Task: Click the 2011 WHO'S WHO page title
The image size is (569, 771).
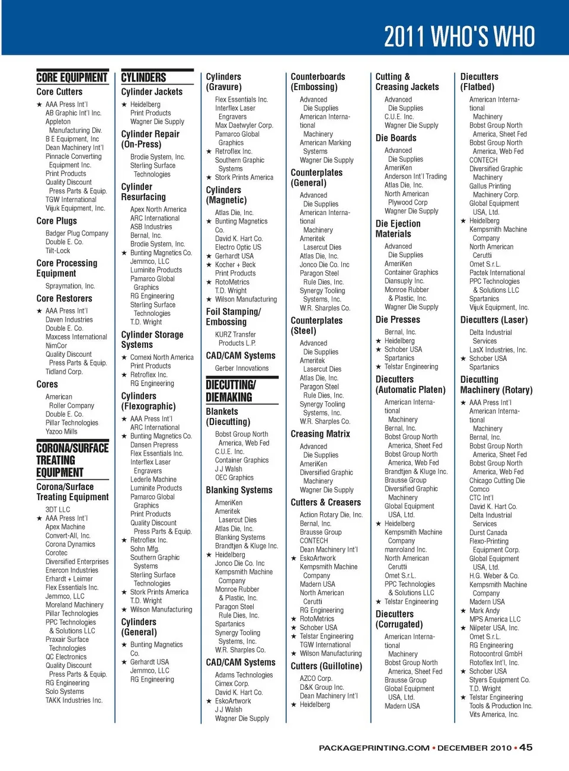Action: pyautogui.click(x=459, y=37)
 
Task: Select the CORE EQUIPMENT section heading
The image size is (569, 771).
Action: pyautogui.click(x=72, y=78)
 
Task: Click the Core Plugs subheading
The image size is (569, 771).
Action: pyautogui.click(x=57, y=221)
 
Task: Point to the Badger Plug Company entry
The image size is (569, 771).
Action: pyautogui.click(x=76, y=233)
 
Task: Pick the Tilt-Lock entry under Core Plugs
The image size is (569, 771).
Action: pyautogui.click(x=57, y=251)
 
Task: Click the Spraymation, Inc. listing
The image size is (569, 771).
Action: pyautogui.click(x=70, y=286)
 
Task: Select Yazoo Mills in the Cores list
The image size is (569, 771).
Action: pyautogui.click(x=61, y=431)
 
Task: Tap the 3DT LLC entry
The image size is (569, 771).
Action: pyautogui.click(x=57, y=510)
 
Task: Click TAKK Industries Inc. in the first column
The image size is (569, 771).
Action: pyautogui.click(x=73, y=700)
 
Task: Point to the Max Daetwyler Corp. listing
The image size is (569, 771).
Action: pyautogui.click(x=244, y=126)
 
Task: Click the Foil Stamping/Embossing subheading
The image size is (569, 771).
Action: pyautogui.click(x=233, y=317)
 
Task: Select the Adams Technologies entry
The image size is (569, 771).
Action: pyautogui.click(x=244, y=675)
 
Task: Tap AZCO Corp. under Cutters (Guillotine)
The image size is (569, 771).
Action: pyautogui.click(x=316, y=679)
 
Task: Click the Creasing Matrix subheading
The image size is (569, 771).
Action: pyautogui.click(x=320, y=434)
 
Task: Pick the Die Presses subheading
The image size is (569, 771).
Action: pyautogui.click(x=398, y=319)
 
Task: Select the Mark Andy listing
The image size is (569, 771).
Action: pyautogui.click(x=484, y=610)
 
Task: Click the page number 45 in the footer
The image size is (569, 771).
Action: pyautogui.click(x=526, y=747)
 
